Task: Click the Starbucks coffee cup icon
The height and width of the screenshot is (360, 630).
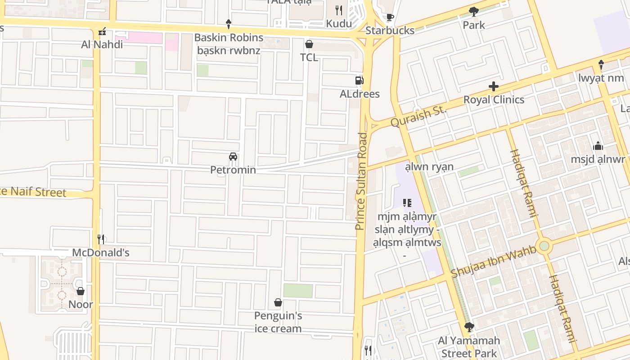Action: [x=390, y=18]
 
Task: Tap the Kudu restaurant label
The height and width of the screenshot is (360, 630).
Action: [x=339, y=23]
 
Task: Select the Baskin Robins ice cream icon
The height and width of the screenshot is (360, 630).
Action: [x=229, y=24]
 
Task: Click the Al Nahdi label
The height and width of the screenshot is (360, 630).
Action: [x=102, y=45]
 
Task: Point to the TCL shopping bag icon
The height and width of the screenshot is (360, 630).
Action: [x=309, y=44]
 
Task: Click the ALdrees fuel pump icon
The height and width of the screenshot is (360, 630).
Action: [x=359, y=81]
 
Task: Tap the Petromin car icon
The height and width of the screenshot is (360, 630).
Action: [x=233, y=157]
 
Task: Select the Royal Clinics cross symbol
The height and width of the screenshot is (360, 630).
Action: [x=494, y=86]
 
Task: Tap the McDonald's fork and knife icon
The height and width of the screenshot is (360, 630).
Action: [x=101, y=239]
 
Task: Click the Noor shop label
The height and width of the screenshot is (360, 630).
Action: [x=81, y=304]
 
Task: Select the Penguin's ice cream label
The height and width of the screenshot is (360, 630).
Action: [x=278, y=322]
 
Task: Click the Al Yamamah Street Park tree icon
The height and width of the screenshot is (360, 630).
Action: [x=469, y=327]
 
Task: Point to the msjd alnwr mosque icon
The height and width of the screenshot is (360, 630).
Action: [x=598, y=146]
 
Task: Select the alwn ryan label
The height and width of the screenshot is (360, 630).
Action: [x=429, y=167]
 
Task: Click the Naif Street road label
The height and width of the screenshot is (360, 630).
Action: [x=33, y=192]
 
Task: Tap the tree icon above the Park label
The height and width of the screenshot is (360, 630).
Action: [x=473, y=12]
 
